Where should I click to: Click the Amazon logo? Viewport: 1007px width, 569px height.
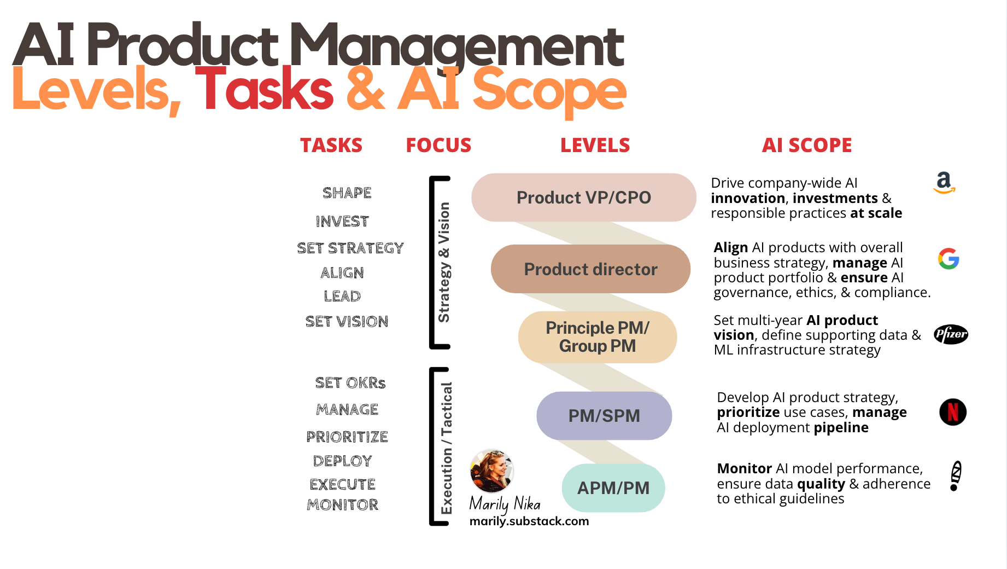click(944, 183)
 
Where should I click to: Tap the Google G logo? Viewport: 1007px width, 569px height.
click(949, 259)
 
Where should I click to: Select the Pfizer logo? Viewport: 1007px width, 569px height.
click(951, 334)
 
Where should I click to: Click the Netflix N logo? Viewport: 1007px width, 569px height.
click(952, 412)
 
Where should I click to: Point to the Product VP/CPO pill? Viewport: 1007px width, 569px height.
click(583, 198)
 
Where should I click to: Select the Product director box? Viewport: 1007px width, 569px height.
click(590, 269)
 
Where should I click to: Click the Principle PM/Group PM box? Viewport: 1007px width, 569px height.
click(597, 337)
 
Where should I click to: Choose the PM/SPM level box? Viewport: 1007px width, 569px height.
click(604, 416)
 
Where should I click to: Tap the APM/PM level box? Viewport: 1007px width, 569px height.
click(613, 488)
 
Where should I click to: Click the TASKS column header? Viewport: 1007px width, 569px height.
click(331, 146)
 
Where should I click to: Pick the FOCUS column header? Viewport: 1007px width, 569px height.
click(438, 146)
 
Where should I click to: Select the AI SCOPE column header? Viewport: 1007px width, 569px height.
click(806, 146)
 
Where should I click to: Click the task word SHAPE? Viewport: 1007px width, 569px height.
click(347, 193)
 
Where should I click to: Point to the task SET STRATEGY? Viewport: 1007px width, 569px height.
click(350, 248)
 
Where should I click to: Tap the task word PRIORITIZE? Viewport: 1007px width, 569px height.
click(347, 437)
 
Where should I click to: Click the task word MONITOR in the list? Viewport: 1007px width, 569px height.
click(343, 505)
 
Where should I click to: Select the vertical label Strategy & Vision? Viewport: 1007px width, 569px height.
click(444, 263)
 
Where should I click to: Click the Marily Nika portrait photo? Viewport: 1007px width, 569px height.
click(491, 471)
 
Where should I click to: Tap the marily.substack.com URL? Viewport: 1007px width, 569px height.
click(529, 521)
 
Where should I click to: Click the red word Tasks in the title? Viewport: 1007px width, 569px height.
click(264, 90)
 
